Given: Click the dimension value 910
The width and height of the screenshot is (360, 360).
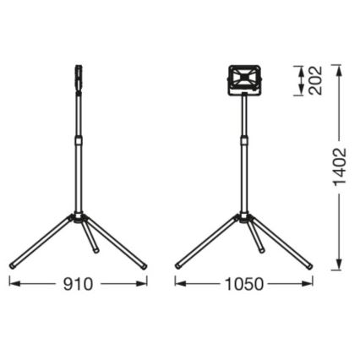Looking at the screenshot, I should pos(78,283).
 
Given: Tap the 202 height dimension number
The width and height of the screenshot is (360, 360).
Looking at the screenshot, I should pos(315,80).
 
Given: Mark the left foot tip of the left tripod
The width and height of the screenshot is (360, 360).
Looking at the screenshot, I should pos(12,265).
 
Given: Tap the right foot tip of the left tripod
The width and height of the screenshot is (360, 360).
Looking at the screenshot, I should pos(145,265).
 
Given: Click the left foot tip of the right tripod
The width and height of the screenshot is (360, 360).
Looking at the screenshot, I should pos(179,265).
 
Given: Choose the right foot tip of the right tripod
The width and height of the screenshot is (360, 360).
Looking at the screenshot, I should pos(312,265).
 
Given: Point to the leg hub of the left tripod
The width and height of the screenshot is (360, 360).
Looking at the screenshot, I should pos(78,219).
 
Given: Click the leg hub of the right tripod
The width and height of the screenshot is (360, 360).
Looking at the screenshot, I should pos(246,219).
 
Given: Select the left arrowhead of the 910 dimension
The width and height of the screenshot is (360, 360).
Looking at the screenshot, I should pos(13,283).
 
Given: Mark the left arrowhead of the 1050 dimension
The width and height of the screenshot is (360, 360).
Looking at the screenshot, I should pos(179,283).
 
